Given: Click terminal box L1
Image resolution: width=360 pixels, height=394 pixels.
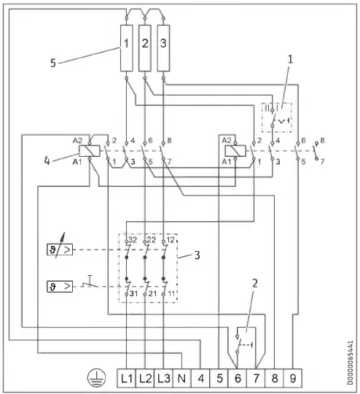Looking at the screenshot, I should [128, 378].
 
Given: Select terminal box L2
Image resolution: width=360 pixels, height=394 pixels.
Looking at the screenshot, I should [146, 378].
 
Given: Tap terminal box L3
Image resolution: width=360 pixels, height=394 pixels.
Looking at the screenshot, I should [165, 378].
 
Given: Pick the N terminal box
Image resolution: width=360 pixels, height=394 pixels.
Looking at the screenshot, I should [183, 378].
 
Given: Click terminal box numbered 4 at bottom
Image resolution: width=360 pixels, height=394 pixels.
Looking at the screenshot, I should [201, 378].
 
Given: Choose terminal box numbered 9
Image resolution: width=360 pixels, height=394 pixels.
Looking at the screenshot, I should [292, 378].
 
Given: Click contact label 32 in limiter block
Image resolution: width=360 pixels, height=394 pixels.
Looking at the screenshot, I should [132, 240].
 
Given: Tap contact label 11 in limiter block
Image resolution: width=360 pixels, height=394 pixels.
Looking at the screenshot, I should [171, 294].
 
